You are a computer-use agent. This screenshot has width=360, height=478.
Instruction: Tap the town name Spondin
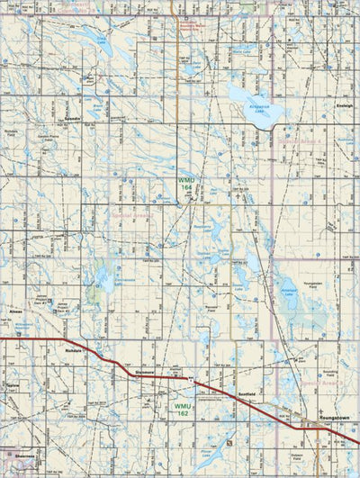click(73, 119)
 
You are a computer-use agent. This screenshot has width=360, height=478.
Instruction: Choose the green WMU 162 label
click(183, 407)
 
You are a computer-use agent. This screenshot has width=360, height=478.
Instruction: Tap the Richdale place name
click(75, 350)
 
